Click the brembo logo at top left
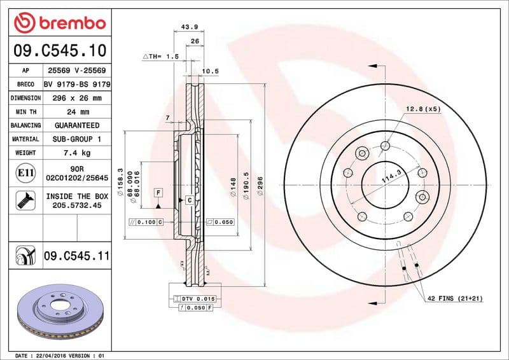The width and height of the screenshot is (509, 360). [x=59, y=23]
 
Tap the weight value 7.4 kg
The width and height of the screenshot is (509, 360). [x=77, y=153]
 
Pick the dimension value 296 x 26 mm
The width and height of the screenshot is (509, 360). [x=77, y=98]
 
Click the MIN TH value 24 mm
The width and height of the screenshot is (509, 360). [x=77, y=112]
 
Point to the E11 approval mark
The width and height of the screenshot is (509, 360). [x=25, y=172]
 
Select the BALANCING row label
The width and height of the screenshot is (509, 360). [x=25, y=125]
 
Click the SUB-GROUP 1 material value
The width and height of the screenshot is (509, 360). [x=77, y=139]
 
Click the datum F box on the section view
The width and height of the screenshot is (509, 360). [x=158, y=191]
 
